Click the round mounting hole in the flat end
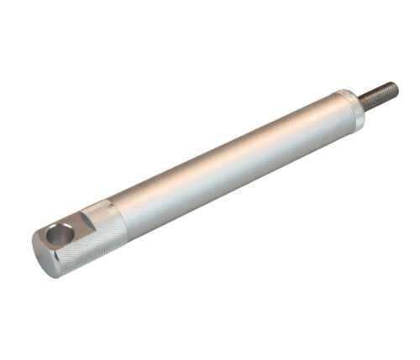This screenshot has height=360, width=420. [x=60, y=236]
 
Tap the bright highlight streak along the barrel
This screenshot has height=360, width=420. [x=227, y=151]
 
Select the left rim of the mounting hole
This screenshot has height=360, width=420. [x=50, y=237]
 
